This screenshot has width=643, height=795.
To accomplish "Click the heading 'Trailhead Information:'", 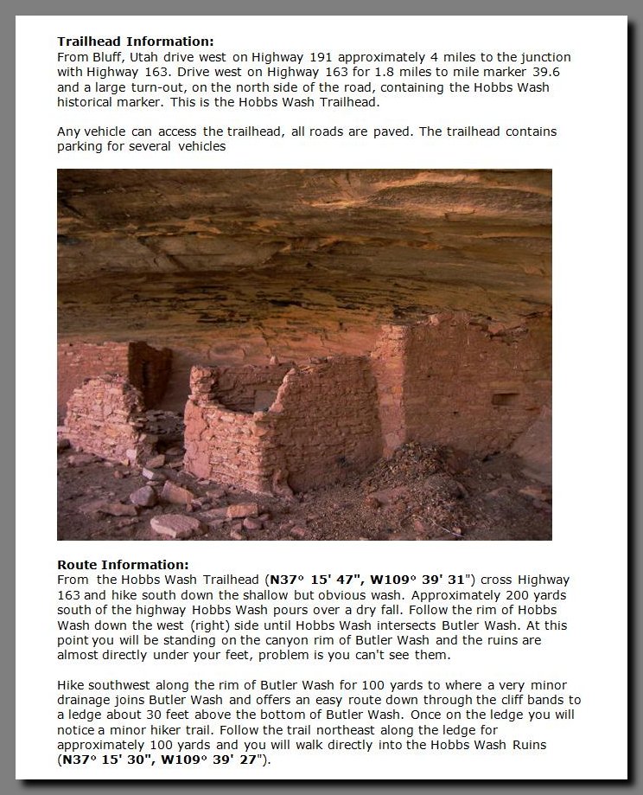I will (135, 41).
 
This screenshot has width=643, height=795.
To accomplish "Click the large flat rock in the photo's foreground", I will (175, 524).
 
